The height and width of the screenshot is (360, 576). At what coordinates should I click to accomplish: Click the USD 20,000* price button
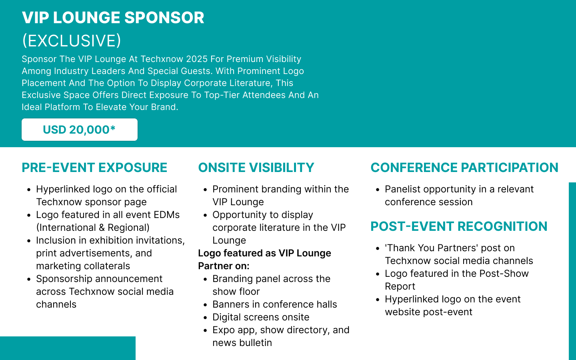pyautogui.click(x=80, y=130)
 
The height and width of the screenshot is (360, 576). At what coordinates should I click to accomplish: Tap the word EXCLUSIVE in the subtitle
pyautogui.click(x=72, y=41)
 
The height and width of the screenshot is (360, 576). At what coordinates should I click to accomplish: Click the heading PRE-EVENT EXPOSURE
pyautogui.click(x=94, y=168)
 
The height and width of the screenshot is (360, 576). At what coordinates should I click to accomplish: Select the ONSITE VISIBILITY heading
pyautogui.click(x=256, y=168)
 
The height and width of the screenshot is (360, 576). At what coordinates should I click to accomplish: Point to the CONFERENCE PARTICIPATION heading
pyautogui.click(x=464, y=168)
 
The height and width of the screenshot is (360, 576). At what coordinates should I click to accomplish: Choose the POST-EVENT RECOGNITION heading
pyautogui.click(x=459, y=226)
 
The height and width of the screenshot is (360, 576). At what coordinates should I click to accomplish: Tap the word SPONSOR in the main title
pyautogui.click(x=164, y=18)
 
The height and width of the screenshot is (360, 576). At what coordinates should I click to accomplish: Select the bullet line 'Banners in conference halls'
pyautogui.click(x=275, y=304)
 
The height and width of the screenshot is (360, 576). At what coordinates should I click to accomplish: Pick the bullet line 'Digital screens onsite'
pyautogui.click(x=261, y=317)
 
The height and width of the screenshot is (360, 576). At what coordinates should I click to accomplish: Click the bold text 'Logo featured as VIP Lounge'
pyautogui.click(x=265, y=253)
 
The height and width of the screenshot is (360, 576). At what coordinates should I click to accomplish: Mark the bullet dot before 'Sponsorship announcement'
pyautogui.click(x=29, y=280)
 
